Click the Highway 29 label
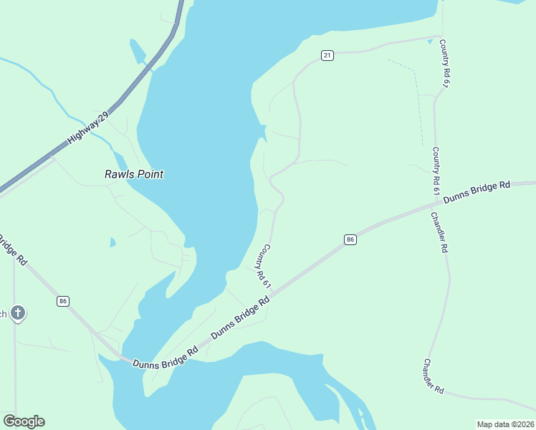87,129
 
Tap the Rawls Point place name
134,174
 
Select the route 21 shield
327,55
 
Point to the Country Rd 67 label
445,64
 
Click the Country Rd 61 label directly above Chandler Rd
435,171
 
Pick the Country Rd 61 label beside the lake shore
262,266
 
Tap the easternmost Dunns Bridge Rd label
477,192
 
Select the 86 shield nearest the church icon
63,302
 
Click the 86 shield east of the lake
350,239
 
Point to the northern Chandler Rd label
439,232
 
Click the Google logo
24,421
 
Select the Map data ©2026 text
505,424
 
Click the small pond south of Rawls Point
113,242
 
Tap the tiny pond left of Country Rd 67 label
429,42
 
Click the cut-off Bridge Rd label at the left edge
12,249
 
